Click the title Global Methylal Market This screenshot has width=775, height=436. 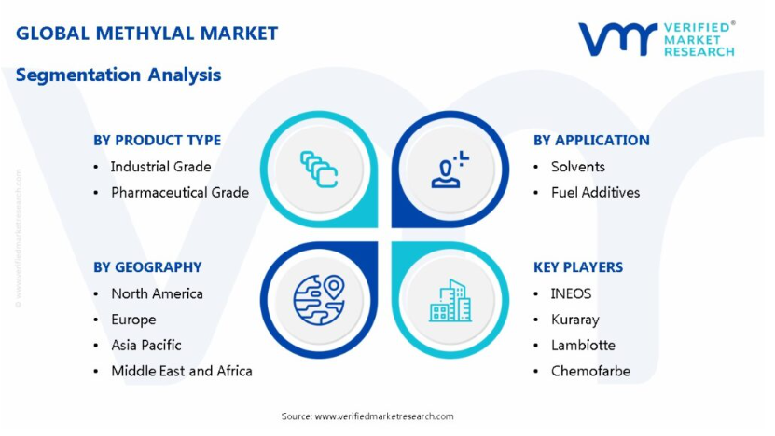point(146,34)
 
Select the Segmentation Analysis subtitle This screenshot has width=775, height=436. point(118,75)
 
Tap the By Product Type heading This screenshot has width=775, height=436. point(158,141)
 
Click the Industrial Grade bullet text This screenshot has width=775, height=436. point(160,167)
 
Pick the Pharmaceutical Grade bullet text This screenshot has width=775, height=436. point(180,192)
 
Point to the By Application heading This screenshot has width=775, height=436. point(591,141)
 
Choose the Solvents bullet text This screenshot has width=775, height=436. point(578,167)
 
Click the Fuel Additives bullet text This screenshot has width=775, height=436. point(595,192)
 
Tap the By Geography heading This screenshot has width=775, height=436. point(147,267)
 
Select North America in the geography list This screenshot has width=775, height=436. point(157,293)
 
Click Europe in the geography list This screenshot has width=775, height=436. point(133,320)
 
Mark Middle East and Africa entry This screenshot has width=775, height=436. point(182,371)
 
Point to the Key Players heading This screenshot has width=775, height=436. point(578,267)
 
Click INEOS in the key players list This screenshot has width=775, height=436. point(571,293)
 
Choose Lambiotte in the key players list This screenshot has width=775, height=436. point(583,345)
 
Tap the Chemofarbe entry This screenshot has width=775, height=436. point(590,371)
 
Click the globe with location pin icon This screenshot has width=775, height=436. point(319,300)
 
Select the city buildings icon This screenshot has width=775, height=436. point(450,300)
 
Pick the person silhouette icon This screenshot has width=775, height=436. point(450,170)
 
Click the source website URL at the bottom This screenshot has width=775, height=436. point(384,416)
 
